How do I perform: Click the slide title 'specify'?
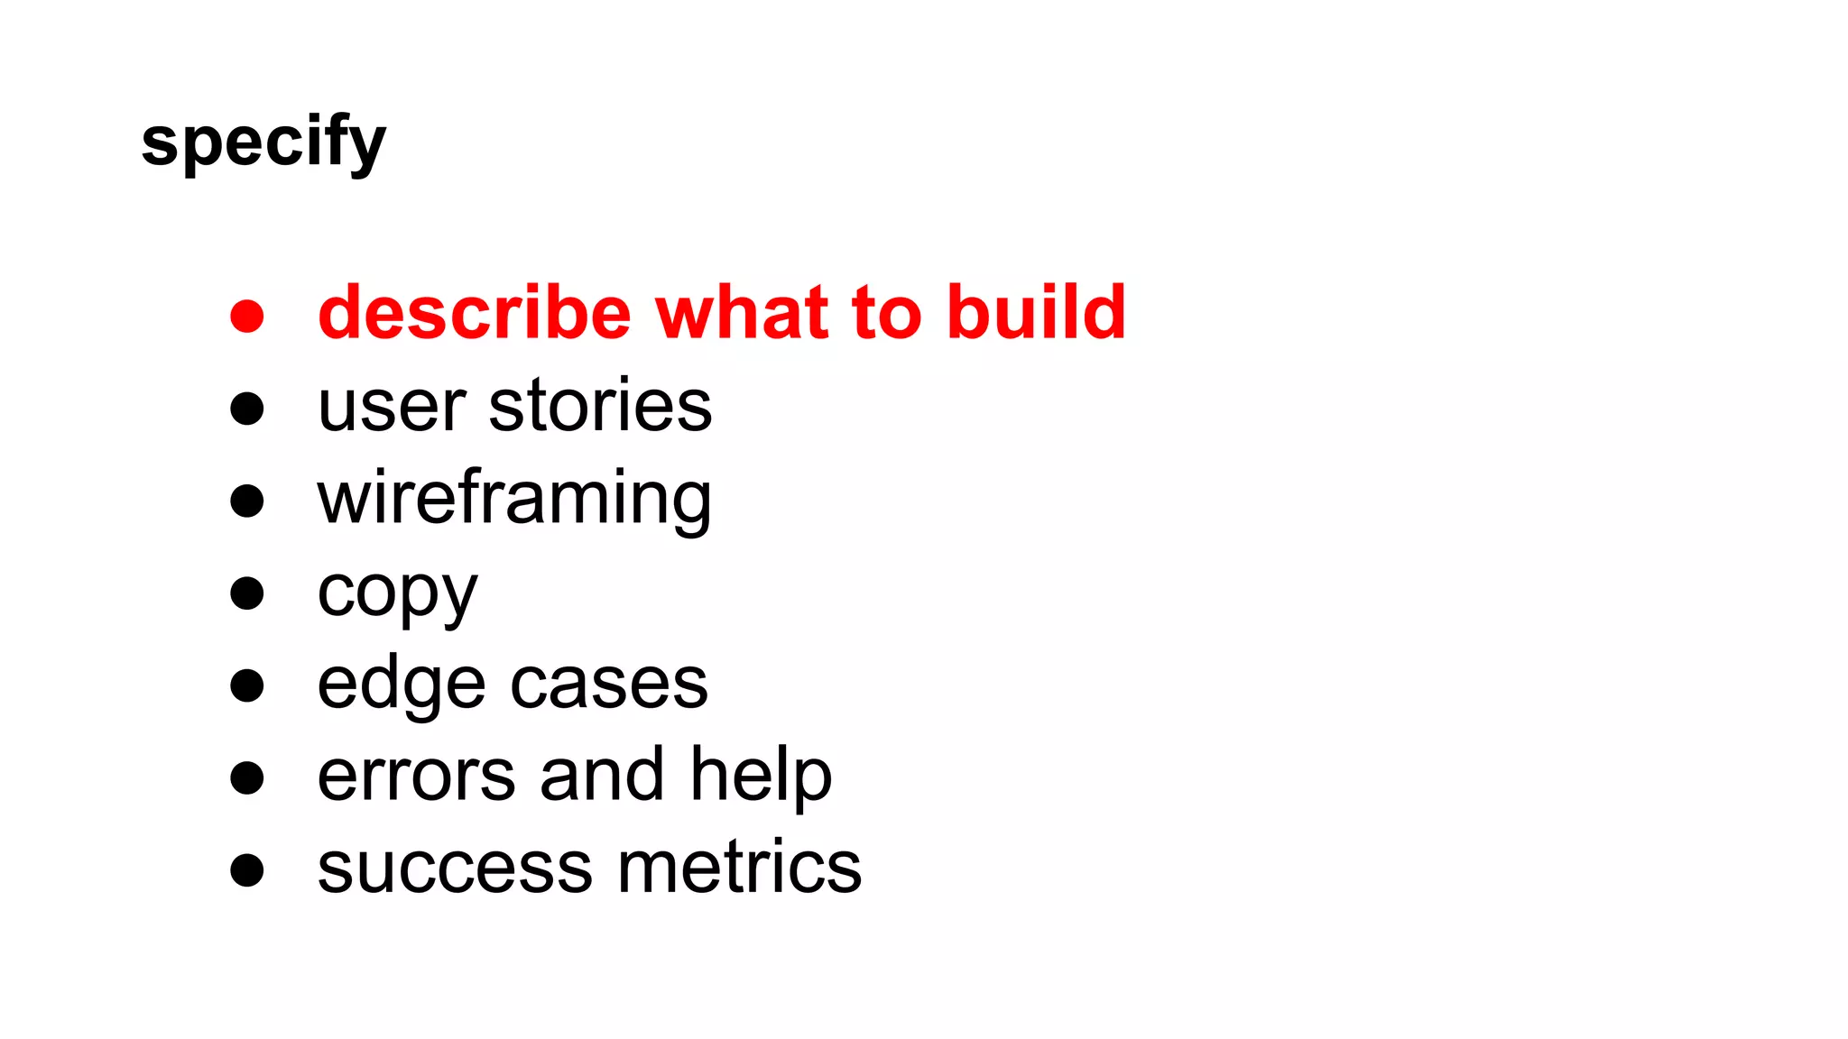tap(263, 143)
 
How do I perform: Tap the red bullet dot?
tap(246, 317)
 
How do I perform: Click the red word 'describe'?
tap(475, 313)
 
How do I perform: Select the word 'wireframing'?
tap(514, 500)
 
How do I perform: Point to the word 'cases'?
tap(609, 685)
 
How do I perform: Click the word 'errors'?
tap(416, 777)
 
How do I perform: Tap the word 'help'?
tap(761, 777)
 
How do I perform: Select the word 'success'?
tap(457, 869)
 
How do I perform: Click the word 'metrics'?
tap(740, 869)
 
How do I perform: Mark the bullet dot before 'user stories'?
tap(246, 409)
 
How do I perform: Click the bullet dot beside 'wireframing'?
tap(246, 501)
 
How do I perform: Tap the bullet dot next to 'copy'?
tap(246, 593)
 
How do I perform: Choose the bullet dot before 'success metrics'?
tap(246, 870)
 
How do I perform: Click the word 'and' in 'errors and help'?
tap(602, 777)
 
